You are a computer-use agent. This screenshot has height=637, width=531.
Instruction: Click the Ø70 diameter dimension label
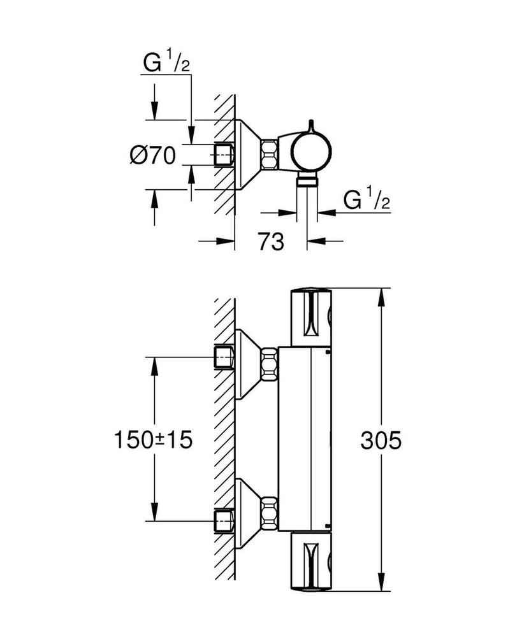[x=153, y=155]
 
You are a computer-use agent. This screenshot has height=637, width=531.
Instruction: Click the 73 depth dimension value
[x=270, y=241]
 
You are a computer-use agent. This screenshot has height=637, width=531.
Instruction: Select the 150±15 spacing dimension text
[x=153, y=440]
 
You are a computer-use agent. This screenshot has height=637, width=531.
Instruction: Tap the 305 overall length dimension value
[x=381, y=440]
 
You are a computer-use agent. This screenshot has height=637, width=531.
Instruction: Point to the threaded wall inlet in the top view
[x=225, y=154]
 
